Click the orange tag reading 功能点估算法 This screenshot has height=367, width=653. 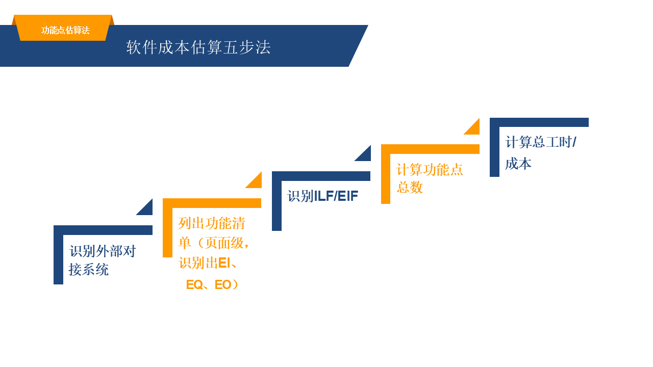tap(65, 30)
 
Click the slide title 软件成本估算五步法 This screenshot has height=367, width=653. tap(198, 47)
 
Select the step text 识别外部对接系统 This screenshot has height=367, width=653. tap(102, 260)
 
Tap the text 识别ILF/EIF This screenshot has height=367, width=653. tap(323, 196)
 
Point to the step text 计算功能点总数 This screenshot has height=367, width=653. tap(430, 178)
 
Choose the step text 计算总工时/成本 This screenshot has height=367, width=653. tap(540, 152)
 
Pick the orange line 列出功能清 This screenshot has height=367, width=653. tap(212, 223)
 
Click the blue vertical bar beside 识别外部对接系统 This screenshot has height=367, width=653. tap(58, 257)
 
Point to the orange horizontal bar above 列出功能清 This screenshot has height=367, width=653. tap(212, 203)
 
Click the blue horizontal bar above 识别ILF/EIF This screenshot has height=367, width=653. tap(321, 176)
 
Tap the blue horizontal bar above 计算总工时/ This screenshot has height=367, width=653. tap(539, 122)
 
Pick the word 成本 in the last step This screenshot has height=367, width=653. tap(518, 164)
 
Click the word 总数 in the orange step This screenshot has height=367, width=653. tap(410, 188)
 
